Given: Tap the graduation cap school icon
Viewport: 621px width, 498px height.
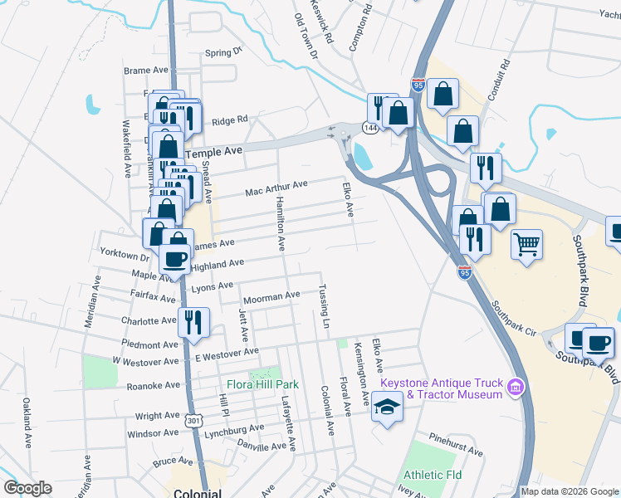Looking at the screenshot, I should click(386, 408).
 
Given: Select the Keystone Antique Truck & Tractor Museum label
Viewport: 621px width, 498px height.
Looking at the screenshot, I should click(442, 388).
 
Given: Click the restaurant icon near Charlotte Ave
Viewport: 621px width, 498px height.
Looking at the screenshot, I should click(194, 324).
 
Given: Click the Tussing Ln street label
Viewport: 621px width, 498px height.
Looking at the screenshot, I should click(325, 306).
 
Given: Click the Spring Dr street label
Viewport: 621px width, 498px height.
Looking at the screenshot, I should click(222, 52).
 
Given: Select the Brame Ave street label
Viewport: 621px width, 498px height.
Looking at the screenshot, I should click(146, 71).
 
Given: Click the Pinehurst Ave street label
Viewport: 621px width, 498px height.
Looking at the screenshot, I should click(456, 444).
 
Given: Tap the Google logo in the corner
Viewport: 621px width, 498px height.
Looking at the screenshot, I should click(27, 489).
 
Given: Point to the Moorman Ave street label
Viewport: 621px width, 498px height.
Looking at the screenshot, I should click(271, 295).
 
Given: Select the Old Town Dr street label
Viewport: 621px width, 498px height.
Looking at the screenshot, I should click(306, 38).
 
